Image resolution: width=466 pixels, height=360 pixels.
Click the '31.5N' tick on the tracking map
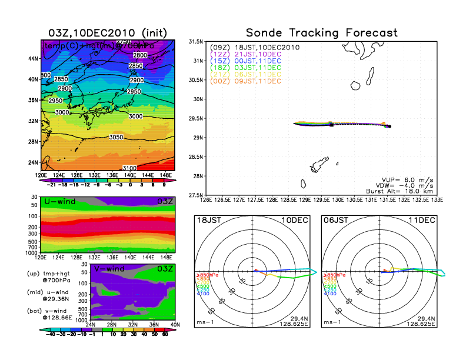pyautogui.click(x=195, y=42)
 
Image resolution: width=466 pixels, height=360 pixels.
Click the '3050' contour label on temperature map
pyautogui.click(x=118, y=137)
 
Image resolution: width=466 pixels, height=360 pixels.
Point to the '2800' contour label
pyautogui.click(x=140, y=55)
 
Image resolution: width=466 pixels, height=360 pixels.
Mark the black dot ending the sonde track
pyautogui.click(x=390, y=126)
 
